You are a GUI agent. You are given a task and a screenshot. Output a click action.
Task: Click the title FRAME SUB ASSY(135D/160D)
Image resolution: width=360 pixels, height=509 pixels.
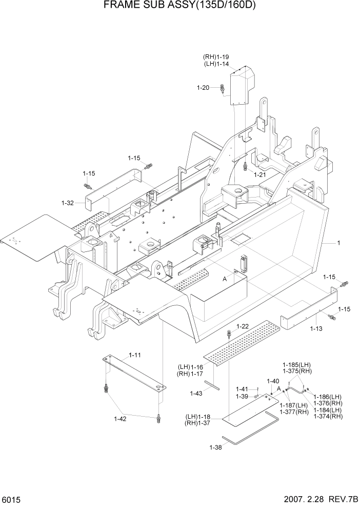tap(179, 6)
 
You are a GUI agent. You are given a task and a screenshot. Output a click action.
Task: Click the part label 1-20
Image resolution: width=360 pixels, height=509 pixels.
tap(203, 88)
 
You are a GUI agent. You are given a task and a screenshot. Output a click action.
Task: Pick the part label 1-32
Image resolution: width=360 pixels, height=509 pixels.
tap(68, 203)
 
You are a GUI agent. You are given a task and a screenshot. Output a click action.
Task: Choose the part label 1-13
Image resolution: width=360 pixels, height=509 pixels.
tap(316, 328)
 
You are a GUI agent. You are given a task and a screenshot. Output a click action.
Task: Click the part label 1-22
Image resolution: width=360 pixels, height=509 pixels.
tap(243, 326)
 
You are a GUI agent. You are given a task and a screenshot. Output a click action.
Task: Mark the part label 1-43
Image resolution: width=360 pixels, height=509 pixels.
tap(196, 393)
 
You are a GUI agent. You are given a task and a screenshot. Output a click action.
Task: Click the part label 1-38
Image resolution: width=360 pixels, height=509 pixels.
tap(215, 447)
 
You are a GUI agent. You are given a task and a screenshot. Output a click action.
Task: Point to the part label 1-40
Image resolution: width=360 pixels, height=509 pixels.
tap(273, 381)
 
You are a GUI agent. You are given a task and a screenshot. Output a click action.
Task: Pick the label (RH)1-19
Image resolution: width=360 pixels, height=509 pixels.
tap(216, 57)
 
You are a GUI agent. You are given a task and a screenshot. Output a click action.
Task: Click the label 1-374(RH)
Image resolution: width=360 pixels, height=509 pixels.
tap(328, 416)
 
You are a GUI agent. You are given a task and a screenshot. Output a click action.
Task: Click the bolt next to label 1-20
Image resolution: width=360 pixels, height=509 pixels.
tap(222, 88)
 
